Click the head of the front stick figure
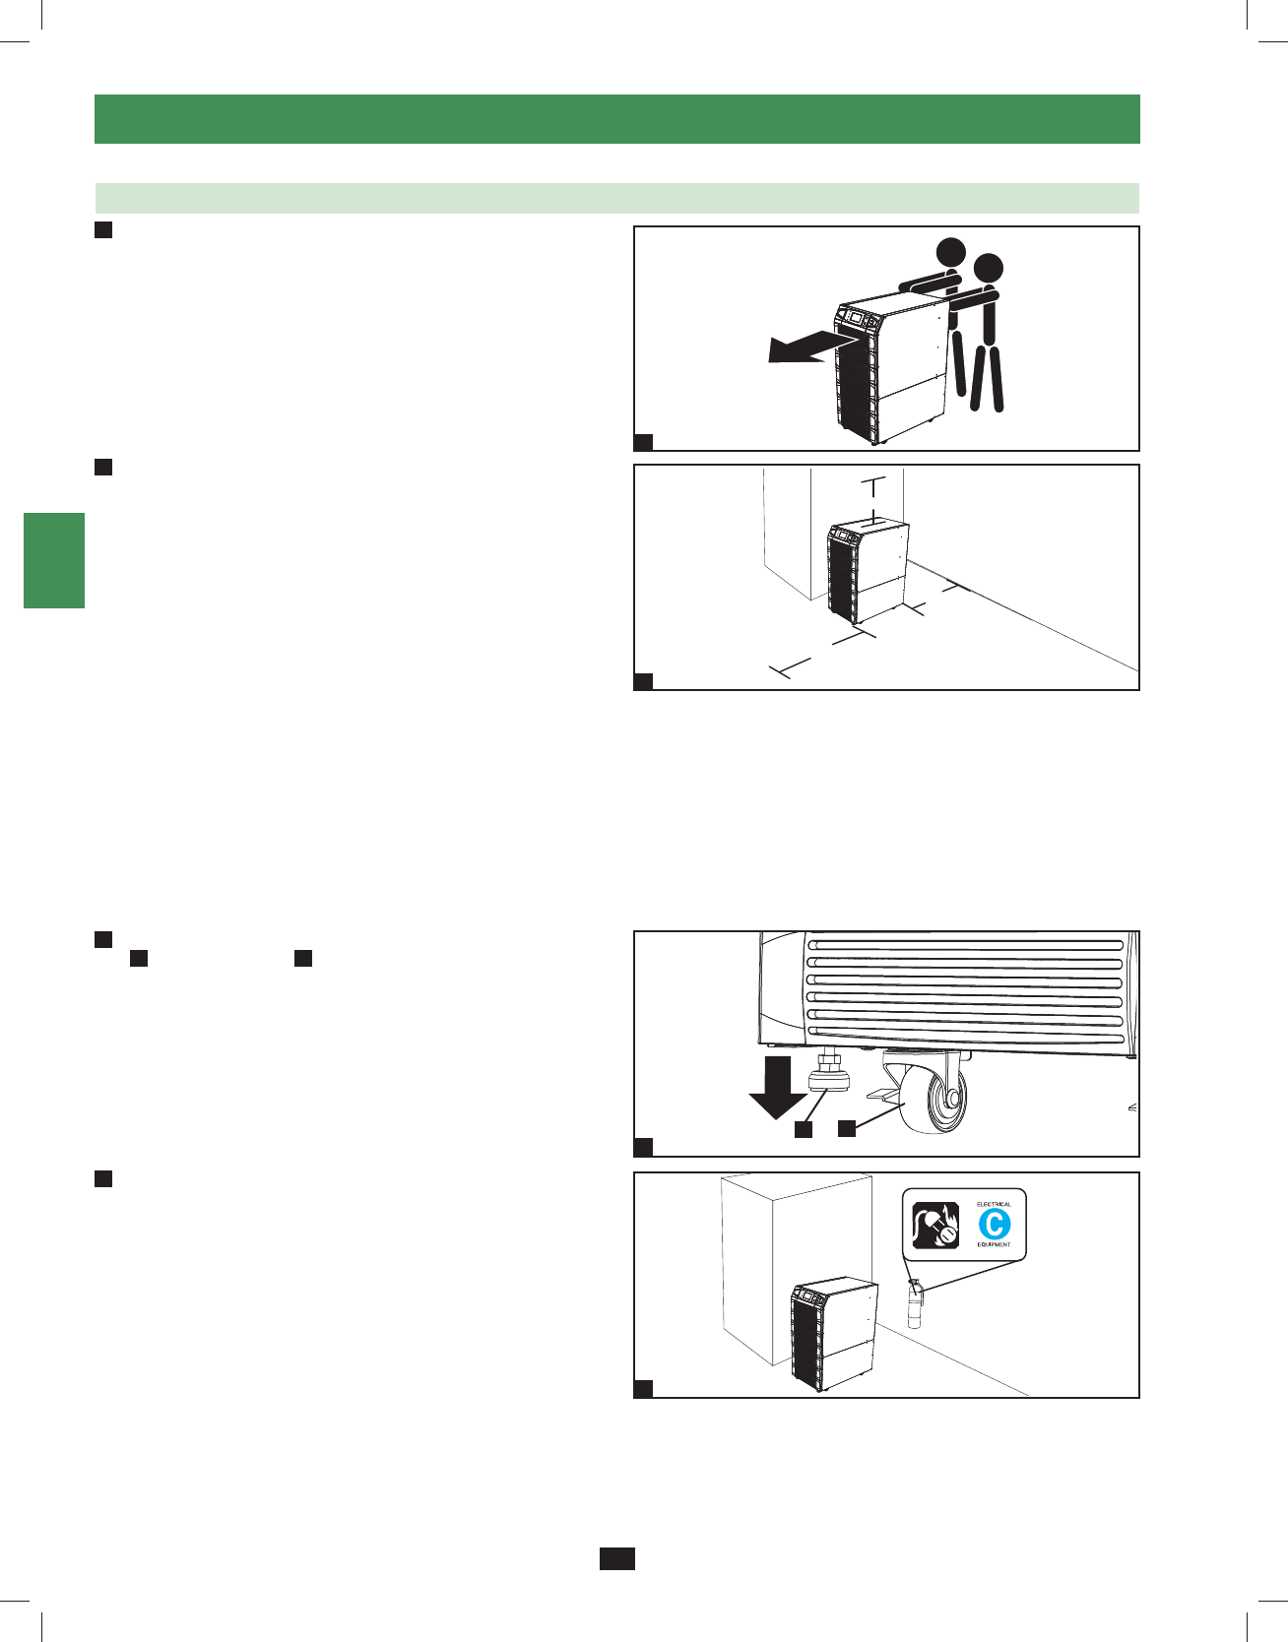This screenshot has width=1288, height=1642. [988, 268]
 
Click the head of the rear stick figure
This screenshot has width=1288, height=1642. [951, 251]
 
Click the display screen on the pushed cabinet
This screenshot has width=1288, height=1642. [855, 318]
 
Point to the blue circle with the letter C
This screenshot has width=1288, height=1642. [994, 1225]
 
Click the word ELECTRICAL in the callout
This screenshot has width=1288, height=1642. [994, 1204]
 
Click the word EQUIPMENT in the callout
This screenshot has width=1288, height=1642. [994, 1244]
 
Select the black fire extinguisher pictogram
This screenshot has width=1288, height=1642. [935, 1226]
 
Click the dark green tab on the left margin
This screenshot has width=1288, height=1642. [54, 560]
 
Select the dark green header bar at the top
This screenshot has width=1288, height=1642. [616, 119]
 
